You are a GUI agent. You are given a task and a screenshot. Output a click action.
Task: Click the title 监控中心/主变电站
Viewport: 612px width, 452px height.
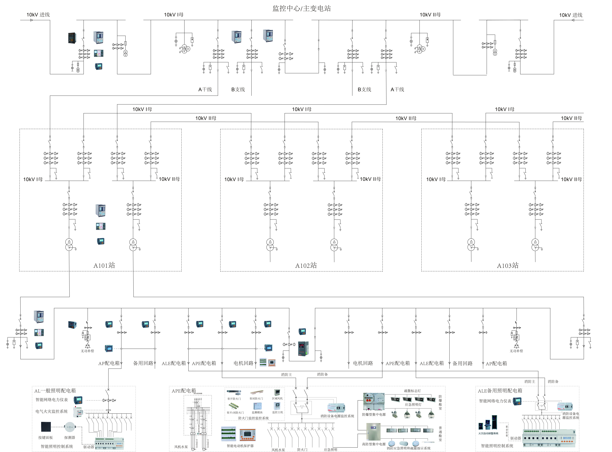[302, 9]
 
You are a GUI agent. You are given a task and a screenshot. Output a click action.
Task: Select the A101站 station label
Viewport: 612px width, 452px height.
[104, 265]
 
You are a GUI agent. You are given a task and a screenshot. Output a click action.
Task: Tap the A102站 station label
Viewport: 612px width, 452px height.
[306, 265]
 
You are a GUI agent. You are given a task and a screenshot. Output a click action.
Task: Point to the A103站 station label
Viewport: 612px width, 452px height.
[508, 265]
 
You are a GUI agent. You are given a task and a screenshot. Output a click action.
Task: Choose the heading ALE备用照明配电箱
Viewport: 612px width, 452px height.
[500, 391]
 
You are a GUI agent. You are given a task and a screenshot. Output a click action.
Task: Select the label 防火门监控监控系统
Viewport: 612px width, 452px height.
[253, 418]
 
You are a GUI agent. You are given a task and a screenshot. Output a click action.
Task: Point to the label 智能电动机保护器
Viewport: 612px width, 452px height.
[240, 446]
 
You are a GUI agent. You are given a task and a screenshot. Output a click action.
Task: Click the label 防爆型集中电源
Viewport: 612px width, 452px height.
[374, 415]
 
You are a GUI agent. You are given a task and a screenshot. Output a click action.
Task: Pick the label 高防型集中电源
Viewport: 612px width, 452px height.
[374, 444]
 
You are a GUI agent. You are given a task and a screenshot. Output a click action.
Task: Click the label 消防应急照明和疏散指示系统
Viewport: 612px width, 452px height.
[408, 448]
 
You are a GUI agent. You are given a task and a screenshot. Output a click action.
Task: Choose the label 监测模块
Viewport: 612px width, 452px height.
[257, 412]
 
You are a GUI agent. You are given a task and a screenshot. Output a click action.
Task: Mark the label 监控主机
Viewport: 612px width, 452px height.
[277, 412]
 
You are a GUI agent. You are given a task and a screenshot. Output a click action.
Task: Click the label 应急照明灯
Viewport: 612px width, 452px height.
[413, 404]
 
